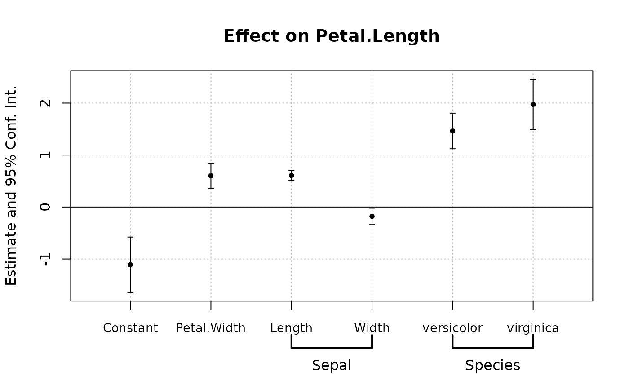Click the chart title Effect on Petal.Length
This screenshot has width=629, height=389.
[x=331, y=36]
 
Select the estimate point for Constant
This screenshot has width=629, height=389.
[x=130, y=265]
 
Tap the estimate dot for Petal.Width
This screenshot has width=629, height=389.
[x=211, y=176]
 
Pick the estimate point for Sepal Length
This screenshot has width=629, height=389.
[x=292, y=175]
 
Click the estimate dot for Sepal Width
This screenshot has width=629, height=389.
[x=372, y=216]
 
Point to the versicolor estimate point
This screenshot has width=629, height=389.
[x=452, y=131]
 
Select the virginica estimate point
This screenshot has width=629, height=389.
[x=533, y=104]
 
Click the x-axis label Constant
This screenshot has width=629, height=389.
[x=130, y=328]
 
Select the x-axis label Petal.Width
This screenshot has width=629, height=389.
[x=211, y=328]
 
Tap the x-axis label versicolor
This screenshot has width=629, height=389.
[x=452, y=328]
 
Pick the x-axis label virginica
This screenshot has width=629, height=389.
[x=533, y=328]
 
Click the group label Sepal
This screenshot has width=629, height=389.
[x=332, y=366]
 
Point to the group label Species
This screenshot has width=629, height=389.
[x=492, y=366]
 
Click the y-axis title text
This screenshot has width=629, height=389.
[x=12, y=185]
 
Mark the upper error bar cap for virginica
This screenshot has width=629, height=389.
[x=533, y=79]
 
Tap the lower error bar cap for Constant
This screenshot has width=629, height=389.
[x=130, y=292]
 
